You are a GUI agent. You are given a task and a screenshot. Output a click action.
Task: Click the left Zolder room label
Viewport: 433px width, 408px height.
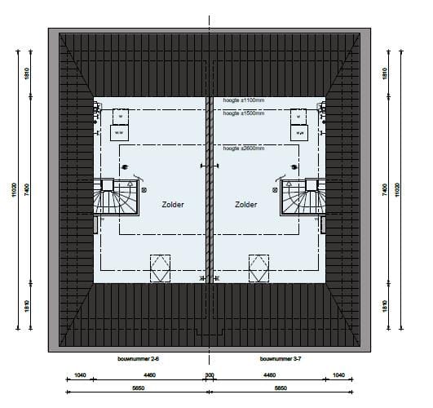pyautogui.click(x=171, y=205)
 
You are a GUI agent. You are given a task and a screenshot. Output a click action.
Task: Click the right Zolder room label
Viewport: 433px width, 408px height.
pyautogui.click(x=246, y=205)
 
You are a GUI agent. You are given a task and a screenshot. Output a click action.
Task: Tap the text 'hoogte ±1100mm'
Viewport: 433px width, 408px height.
pyautogui.click(x=243, y=101)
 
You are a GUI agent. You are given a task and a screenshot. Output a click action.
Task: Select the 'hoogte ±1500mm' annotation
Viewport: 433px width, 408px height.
pyautogui.click(x=243, y=113)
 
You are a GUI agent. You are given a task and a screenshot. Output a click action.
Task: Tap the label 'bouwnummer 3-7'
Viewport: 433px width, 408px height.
pyautogui.click(x=281, y=359)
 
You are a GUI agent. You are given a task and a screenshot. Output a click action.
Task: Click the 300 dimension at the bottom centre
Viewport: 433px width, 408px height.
pyautogui.click(x=209, y=377)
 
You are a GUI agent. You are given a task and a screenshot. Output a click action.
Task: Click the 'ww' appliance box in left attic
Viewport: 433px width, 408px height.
pyautogui.click(x=119, y=131)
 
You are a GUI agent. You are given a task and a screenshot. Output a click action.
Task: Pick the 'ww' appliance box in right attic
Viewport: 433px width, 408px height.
pyautogui.click(x=299, y=131)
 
